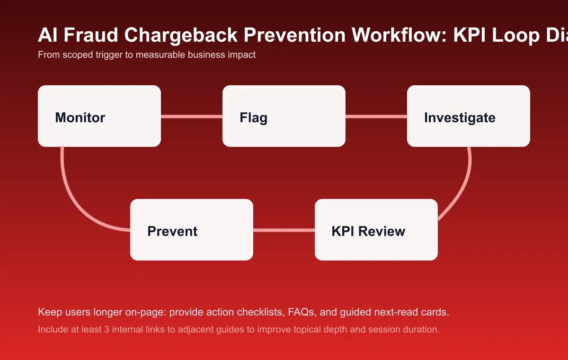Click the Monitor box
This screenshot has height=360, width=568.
[99, 116]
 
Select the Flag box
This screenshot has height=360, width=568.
[284, 116]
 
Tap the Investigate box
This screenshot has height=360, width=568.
[469, 116]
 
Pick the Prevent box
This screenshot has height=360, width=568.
[192, 230]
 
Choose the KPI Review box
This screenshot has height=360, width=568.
[376, 230]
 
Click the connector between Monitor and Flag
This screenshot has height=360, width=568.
[192, 116]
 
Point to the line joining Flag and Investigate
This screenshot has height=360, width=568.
[376, 116]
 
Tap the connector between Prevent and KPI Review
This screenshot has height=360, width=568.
[284, 230]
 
